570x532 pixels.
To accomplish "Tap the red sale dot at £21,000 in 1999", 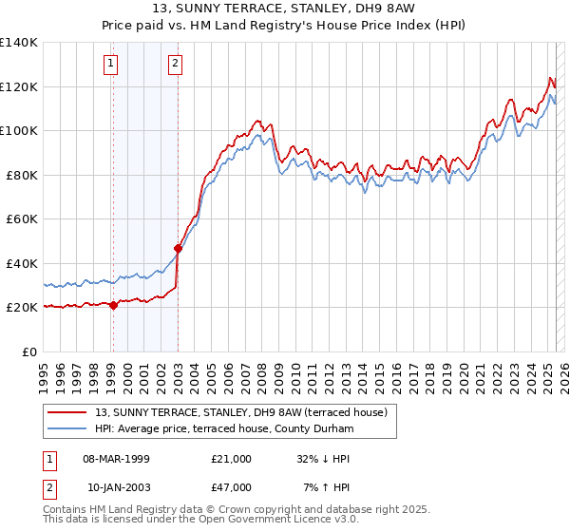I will pos(113,305).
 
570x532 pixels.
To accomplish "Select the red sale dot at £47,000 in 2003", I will pos(178,248).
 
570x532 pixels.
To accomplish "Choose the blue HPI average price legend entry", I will pos(224,429).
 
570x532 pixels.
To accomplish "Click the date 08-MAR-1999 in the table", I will pos(117,459).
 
